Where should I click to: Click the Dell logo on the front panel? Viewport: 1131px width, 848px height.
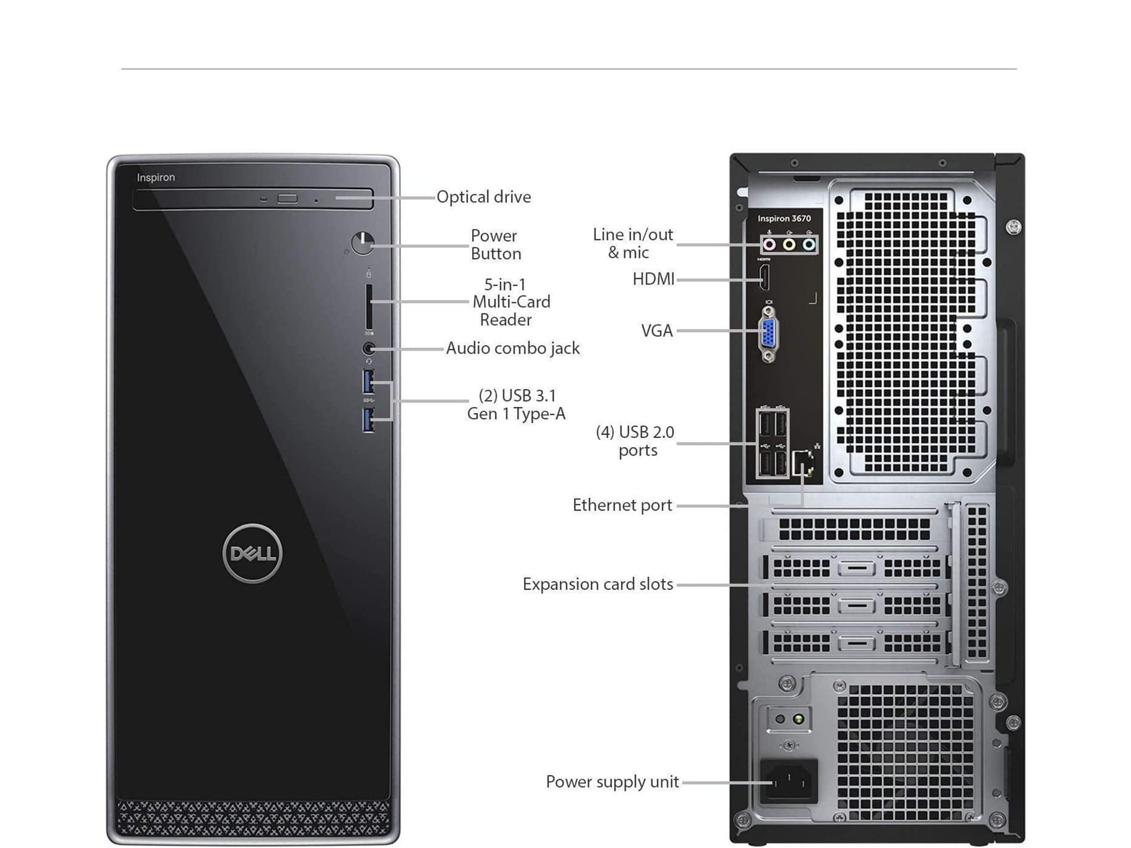pyautogui.click(x=253, y=553)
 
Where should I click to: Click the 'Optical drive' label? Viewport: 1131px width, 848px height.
pyautogui.click(x=484, y=197)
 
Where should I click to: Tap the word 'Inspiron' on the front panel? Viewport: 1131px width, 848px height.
pyautogui.click(x=156, y=177)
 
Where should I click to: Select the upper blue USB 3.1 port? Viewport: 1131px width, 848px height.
pyautogui.click(x=368, y=382)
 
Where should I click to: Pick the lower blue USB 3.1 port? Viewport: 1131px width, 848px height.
pyautogui.click(x=368, y=419)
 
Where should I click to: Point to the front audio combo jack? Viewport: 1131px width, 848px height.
pyautogui.click(x=369, y=348)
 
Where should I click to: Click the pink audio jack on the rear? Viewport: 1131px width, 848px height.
pyautogui.click(x=770, y=244)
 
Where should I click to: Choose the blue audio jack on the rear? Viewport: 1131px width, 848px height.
pyautogui.click(x=808, y=244)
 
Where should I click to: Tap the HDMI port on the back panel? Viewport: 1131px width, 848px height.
pyautogui.click(x=764, y=278)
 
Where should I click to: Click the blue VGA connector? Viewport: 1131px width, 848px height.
pyautogui.click(x=769, y=333)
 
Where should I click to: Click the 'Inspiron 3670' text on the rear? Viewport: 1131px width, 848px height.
pyautogui.click(x=784, y=218)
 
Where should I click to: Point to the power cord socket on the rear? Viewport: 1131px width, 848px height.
pyautogui.click(x=788, y=781)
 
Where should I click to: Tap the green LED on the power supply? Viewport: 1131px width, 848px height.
pyautogui.click(x=798, y=719)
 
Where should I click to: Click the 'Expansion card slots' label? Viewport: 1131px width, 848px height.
pyautogui.click(x=598, y=584)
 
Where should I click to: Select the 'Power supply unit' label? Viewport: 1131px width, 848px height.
pyautogui.click(x=612, y=782)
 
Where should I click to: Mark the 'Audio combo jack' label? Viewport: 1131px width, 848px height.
pyautogui.click(x=513, y=348)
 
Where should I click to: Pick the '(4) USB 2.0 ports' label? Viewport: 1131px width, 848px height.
pyautogui.click(x=636, y=441)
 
